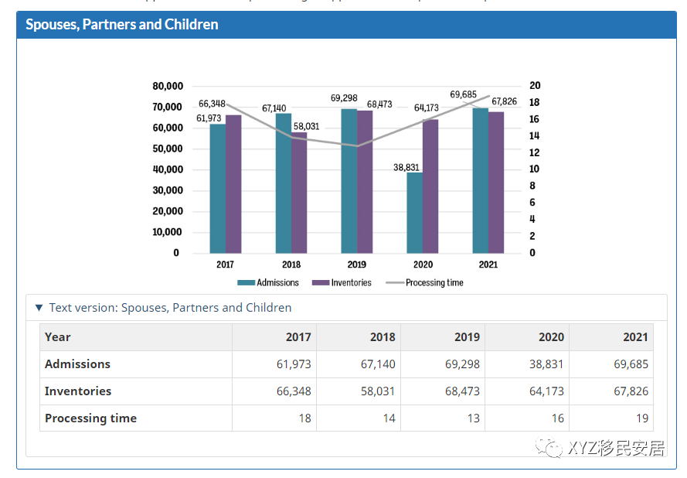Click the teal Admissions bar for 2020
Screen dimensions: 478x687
[414, 213]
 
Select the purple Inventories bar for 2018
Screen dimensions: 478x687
[299, 193]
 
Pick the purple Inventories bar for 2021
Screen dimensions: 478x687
[496, 183]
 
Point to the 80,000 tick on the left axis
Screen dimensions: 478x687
[168, 86]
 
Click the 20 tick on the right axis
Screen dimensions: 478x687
[535, 86]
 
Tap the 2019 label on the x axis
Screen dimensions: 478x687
[357, 265]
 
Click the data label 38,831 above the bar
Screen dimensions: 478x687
[406, 167]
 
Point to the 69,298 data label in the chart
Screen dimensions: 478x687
[344, 98]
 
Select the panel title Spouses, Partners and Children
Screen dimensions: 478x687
[122, 25]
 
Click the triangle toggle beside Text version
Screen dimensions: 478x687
[39, 308]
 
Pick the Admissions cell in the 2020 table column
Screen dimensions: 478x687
[546, 364]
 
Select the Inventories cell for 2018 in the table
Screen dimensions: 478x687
[378, 391]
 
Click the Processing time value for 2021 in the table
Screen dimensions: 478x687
[641, 418]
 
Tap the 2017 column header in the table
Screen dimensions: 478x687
[298, 337]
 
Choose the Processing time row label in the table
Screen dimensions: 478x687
[90, 418]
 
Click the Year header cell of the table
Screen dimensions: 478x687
[58, 337]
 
